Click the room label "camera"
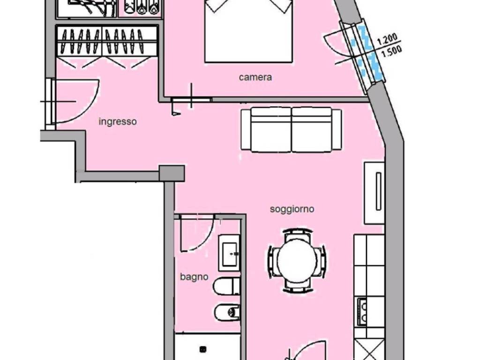255,77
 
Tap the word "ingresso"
118,122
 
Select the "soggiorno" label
292,210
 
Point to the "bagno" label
194,277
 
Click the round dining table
297,261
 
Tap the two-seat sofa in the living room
291,129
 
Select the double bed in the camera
248,30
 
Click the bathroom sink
229,253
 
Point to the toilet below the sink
226,286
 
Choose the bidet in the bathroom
227,312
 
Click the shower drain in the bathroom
203,349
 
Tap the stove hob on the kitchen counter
362,312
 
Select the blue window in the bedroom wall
368,52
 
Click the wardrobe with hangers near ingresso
107,41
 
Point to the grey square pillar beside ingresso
172,173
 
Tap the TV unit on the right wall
374,193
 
